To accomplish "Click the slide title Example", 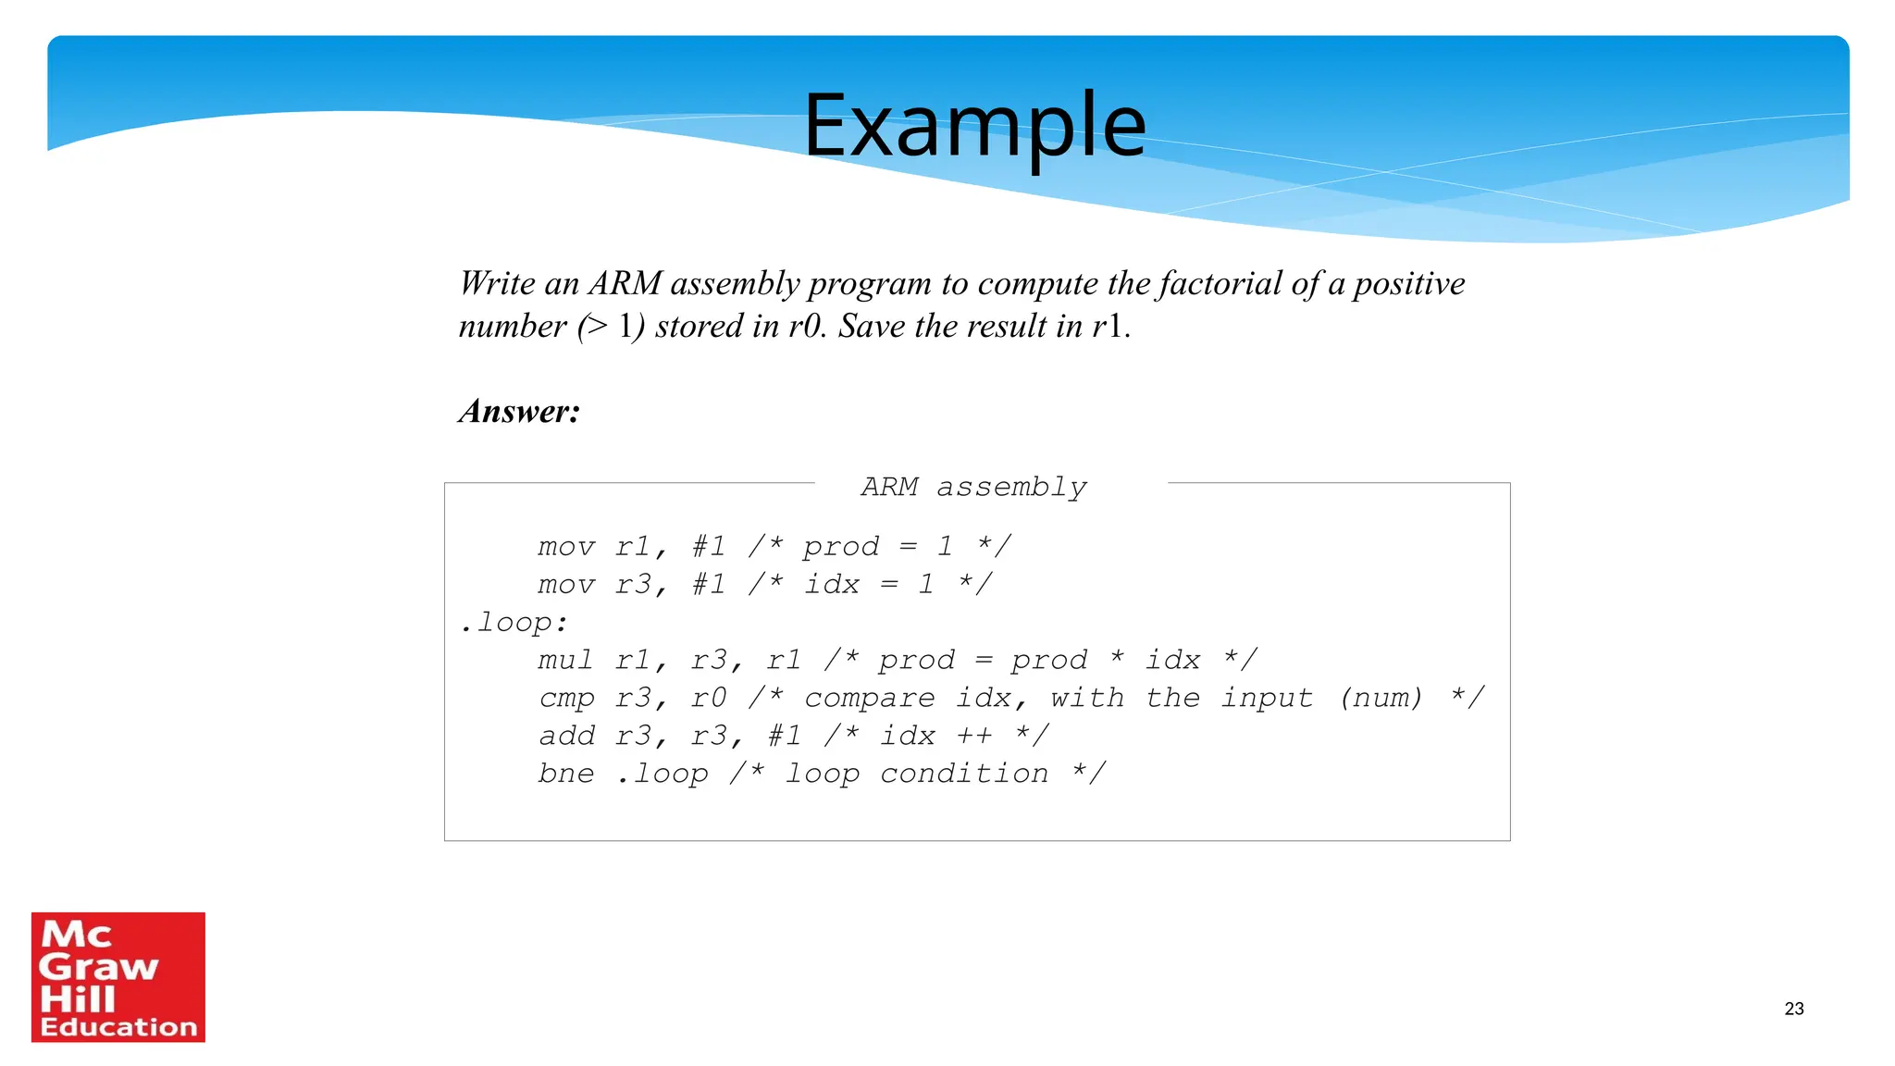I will pos(974,125).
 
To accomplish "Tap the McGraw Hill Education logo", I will pos(118,976).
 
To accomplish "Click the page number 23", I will pos(1793,1009).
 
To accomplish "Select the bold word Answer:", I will pos(519,411).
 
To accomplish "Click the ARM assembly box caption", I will pos(973,487).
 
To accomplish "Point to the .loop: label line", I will pos(514,622).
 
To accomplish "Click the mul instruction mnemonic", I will pos(565,660).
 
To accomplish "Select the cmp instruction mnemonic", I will pos(565,699).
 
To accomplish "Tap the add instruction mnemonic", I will pos(566,736).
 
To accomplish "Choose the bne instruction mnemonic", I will pos(565,774).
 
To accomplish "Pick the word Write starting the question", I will pos(497,283).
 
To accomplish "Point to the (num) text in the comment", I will pos(1380,698).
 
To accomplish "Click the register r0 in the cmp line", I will pos(708,698).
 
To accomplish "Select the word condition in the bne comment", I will pos(964,774).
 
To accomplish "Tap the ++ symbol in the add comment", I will pos(973,736).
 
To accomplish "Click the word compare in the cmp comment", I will pos(869,698).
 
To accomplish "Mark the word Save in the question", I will pos(872,326).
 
